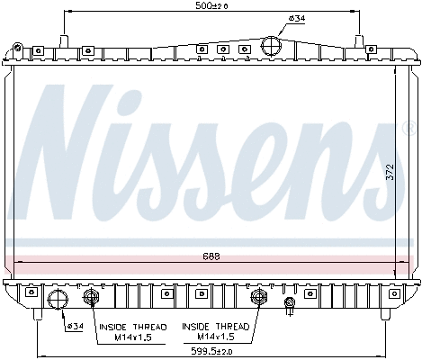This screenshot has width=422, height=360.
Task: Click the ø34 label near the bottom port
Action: pos(76,326)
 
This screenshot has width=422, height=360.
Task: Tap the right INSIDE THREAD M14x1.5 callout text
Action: pos(212,331)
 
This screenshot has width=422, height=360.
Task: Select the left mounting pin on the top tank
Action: pos(63,39)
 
